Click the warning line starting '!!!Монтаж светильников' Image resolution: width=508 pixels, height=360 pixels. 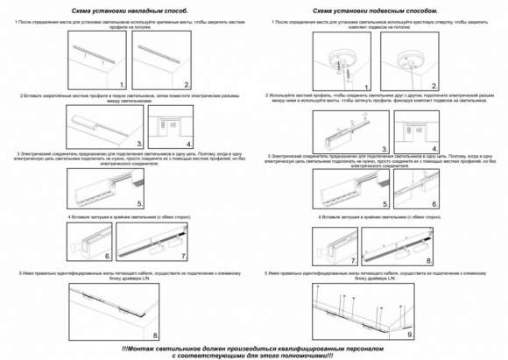tap(254, 348)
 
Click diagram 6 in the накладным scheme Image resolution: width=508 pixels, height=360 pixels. tap(88, 244)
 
